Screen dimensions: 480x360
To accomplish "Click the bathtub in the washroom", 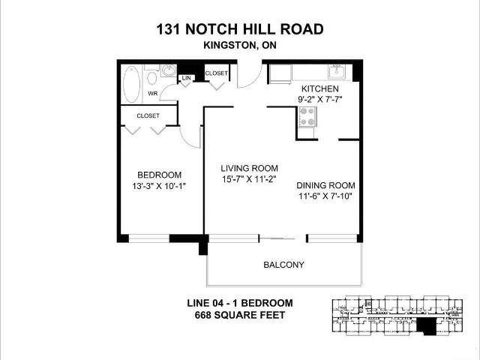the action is click(132, 84).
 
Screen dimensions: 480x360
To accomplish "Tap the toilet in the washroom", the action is click(151, 75).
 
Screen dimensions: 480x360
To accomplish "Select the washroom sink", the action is click(168, 70).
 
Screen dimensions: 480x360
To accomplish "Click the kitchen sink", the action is click(337, 72).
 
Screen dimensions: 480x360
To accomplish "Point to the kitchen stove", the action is click(307, 117).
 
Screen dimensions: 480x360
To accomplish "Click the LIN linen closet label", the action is click(186, 78).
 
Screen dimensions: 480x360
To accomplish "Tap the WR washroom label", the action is click(152, 93).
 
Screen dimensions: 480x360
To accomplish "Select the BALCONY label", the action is click(283, 265).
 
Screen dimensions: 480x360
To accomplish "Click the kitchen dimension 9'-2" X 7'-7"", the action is click(320, 99).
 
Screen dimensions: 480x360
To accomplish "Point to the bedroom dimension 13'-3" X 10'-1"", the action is click(159, 186).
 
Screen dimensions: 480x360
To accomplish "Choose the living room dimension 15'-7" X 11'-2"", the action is click(250, 179).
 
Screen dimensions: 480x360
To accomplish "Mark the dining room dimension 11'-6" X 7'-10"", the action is click(325, 196).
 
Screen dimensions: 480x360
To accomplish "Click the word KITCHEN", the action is click(320, 88).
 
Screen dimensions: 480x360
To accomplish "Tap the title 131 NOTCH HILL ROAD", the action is click(240, 29).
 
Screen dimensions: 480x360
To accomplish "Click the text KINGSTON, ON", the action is click(240, 45).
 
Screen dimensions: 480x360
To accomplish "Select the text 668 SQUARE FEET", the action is click(240, 315).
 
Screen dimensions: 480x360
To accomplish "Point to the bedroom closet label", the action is click(148, 115).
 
